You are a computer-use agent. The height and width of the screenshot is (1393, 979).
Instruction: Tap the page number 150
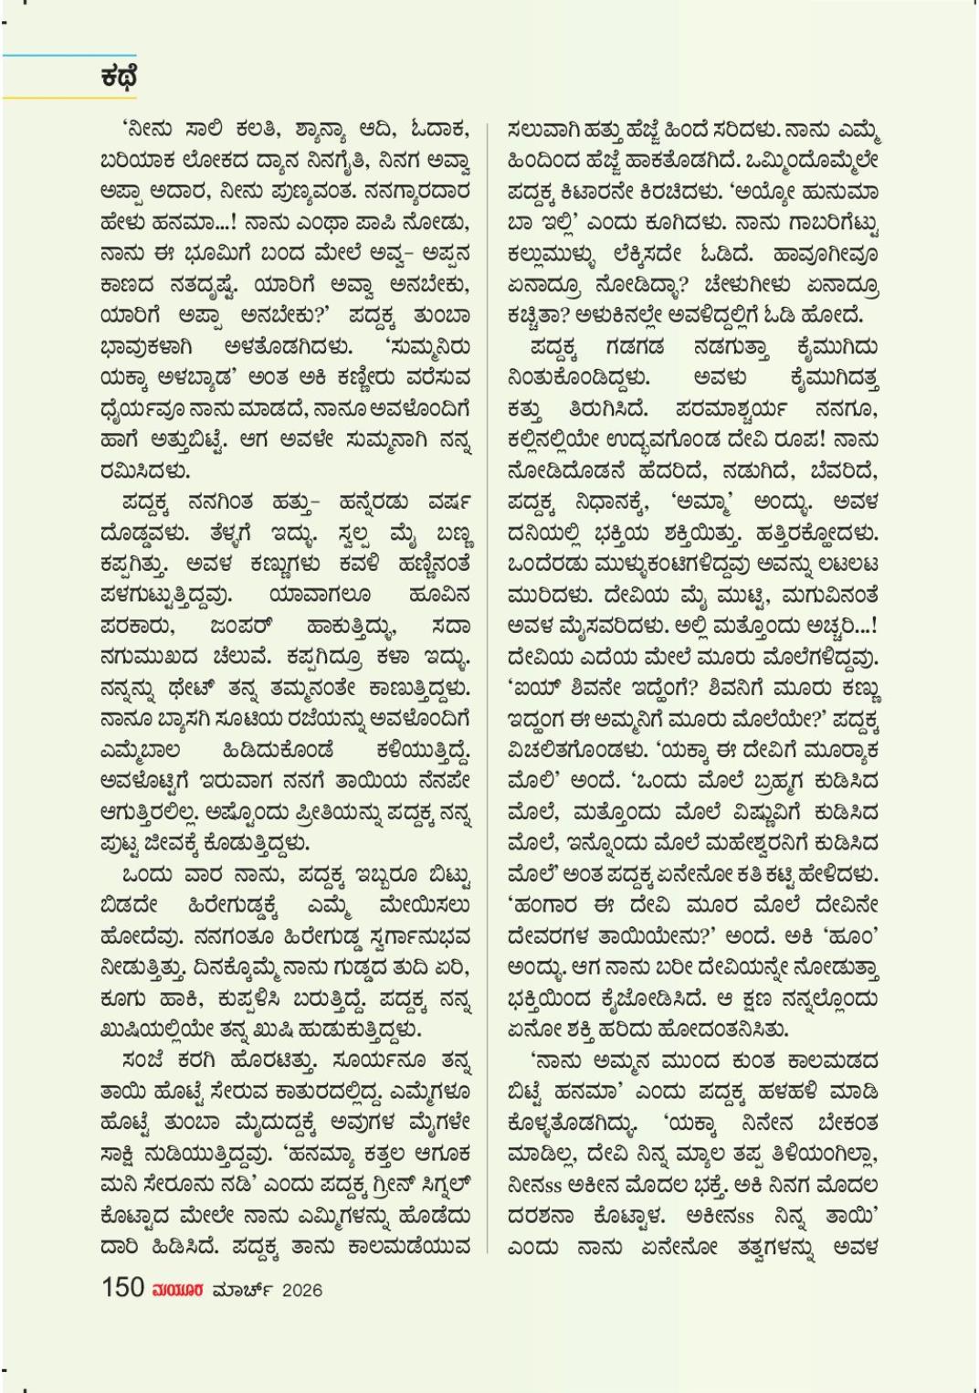click(x=122, y=1287)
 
